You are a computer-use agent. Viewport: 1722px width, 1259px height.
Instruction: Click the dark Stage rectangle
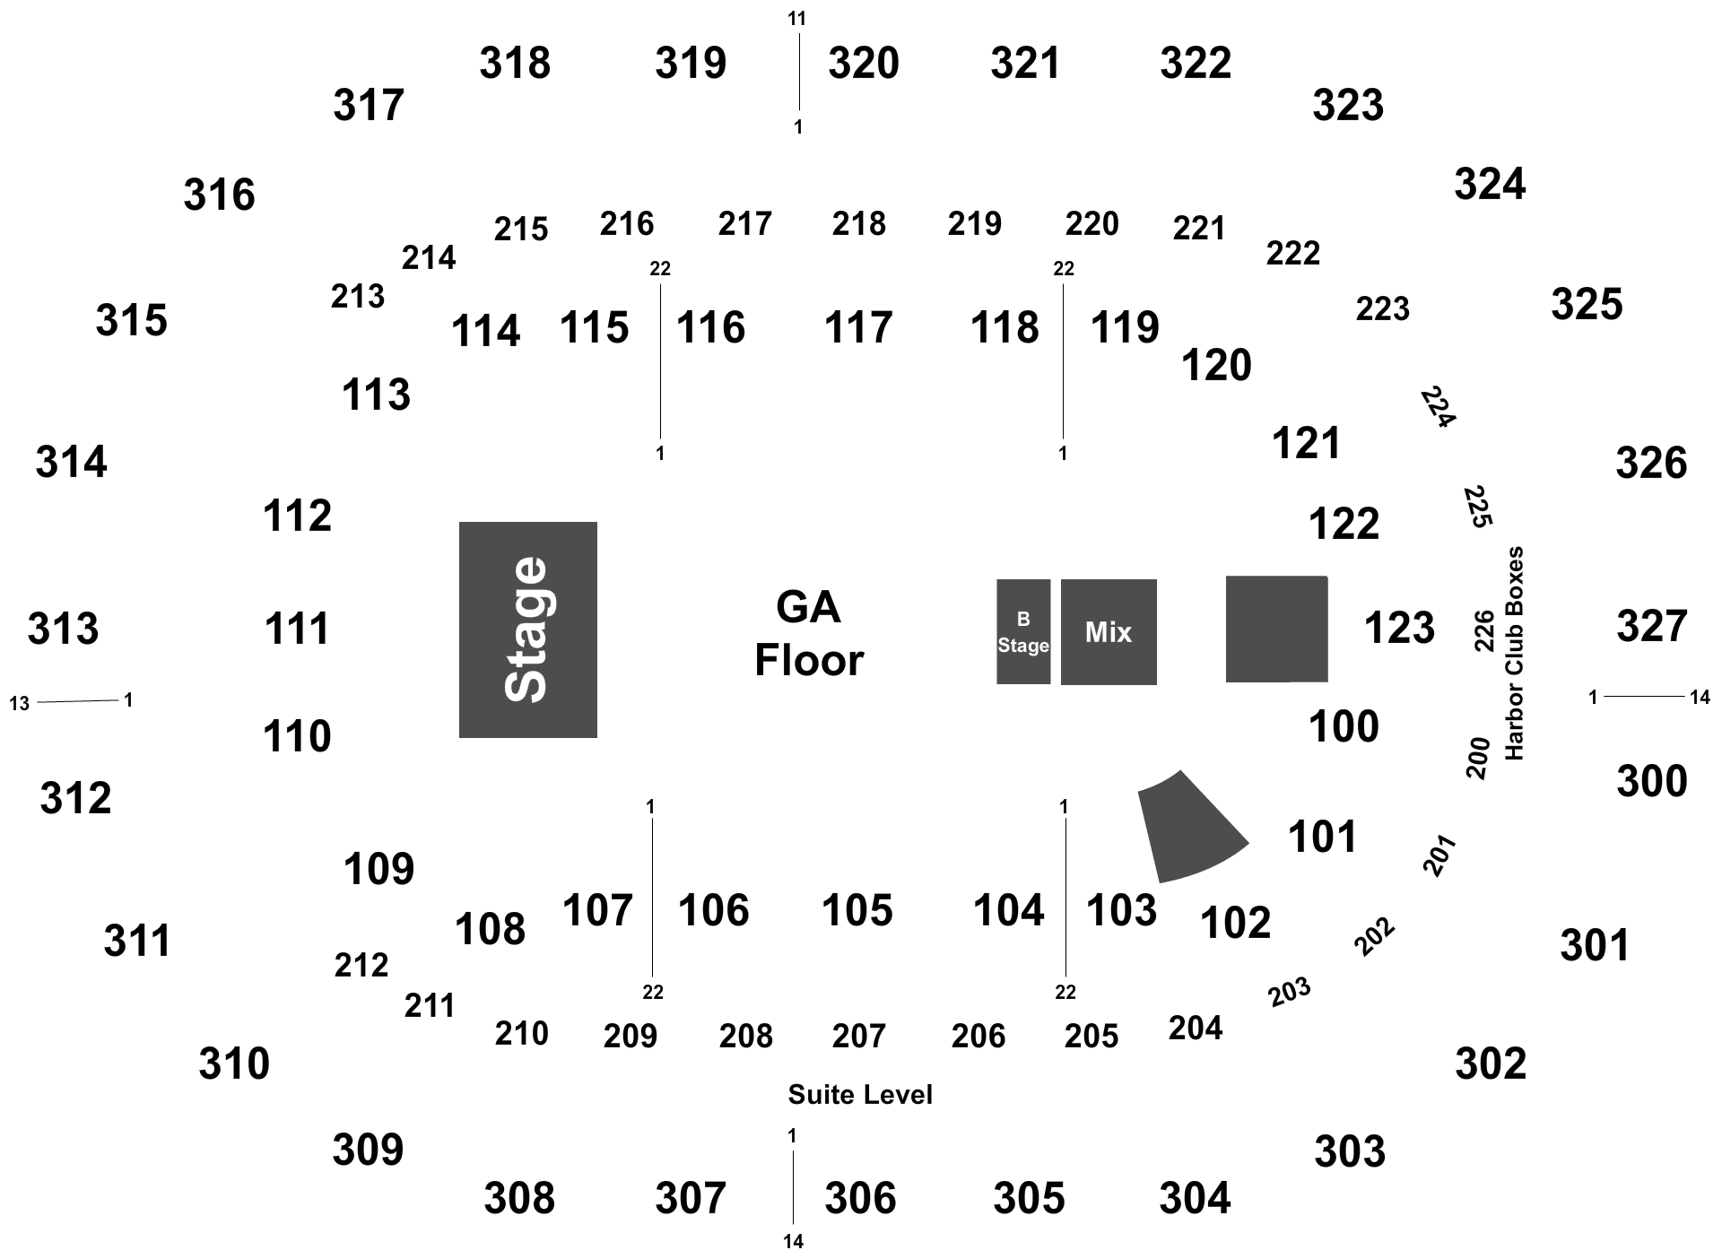pos(528,629)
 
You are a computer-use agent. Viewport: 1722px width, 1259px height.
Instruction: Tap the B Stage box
pos(1023,631)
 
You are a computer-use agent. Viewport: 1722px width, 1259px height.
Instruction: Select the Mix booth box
pos(1109,632)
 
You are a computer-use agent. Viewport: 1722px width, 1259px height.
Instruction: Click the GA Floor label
pos(808,634)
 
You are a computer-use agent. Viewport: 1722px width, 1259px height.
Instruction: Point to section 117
pos(858,327)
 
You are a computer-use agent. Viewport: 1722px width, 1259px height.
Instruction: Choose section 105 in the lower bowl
pos(857,910)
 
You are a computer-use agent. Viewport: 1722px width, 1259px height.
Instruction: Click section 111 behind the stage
pos(297,628)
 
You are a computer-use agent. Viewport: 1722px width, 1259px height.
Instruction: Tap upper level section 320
pos(863,63)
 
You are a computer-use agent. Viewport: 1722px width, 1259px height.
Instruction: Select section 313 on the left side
pos(63,628)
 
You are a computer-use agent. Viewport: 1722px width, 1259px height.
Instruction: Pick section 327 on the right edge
pos(1652,626)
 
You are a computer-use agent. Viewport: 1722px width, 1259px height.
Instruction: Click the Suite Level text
pos(860,1094)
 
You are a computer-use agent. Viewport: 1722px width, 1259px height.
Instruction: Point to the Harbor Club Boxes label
pos(1515,653)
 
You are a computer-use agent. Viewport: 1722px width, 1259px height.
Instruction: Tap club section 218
pos(858,223)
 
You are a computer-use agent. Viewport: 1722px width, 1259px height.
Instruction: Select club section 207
pos(858,1036)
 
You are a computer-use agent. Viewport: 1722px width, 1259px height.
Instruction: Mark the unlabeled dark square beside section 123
pos(1277,629)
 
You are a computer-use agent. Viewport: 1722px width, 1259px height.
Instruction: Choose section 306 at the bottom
pos(860,1198)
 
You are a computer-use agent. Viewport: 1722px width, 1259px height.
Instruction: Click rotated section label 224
pos(1438,407)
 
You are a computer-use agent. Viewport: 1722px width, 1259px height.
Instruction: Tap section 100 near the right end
pos(1344,726)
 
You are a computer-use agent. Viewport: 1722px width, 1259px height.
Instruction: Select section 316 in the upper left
pos(219,195)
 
